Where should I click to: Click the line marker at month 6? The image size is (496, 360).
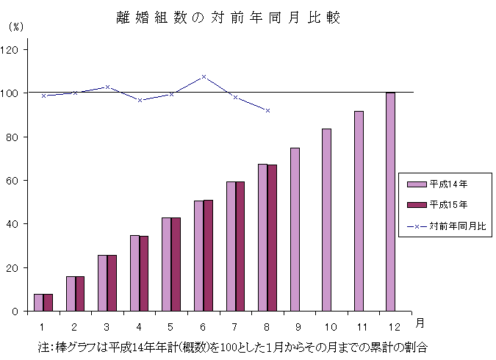tap(204, 76)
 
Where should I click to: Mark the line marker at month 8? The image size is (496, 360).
tap(267, 110)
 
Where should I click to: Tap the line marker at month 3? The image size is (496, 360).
tap(107, 87)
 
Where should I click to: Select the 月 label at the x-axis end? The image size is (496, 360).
tap(418, 323)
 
